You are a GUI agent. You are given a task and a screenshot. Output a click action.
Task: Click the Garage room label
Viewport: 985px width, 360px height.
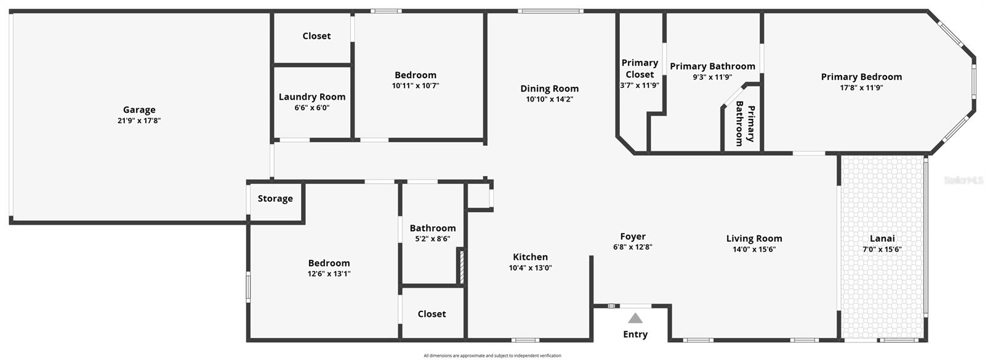(139, 110)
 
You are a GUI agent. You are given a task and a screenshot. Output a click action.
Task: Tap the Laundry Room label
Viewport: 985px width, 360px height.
(312, 97)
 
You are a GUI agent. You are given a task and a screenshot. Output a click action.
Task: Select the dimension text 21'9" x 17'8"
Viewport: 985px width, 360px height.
(139, 121)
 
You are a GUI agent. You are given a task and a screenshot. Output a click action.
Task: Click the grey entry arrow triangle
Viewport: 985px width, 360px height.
(635, 318)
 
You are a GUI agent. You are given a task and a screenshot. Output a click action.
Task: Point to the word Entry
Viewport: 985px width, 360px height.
(635, 335)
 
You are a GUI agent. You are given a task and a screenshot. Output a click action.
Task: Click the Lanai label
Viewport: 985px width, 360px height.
(882, 239)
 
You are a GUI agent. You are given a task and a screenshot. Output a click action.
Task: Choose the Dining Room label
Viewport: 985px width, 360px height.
(549, 89)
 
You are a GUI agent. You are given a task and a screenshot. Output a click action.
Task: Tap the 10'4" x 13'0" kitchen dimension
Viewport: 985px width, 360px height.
(530, 268)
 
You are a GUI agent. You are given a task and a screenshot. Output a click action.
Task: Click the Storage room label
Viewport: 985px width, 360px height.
(275, 199)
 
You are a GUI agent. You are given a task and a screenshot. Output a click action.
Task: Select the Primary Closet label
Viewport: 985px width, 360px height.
(640, 68)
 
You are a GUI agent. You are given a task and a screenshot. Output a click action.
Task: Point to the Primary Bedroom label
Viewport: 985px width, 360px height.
(861, 77)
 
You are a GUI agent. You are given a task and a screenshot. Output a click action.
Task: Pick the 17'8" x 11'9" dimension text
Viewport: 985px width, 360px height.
(861, 87)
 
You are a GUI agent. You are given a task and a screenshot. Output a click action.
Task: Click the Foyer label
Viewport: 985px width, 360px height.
(633, 237)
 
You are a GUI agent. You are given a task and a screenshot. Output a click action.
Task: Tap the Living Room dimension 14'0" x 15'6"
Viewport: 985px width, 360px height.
(754, 249)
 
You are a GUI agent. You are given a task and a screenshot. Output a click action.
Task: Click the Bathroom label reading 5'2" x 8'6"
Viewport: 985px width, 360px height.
(433, 228)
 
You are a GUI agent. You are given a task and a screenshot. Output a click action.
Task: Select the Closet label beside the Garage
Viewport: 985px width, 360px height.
(316, 36)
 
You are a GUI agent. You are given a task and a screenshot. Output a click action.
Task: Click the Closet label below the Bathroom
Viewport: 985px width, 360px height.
(432, 314)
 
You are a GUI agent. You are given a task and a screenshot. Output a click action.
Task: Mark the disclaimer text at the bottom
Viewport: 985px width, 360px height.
(492, 356)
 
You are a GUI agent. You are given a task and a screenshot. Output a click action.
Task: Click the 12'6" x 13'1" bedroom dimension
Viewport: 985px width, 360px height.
(329, 274)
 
